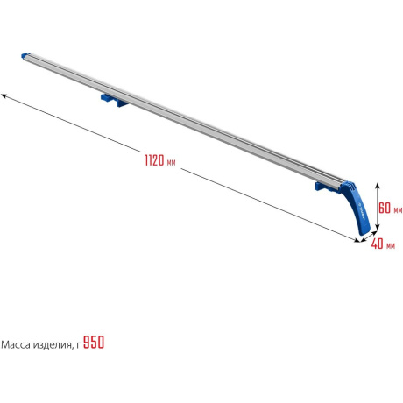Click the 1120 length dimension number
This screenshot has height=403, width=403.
click(154, 160)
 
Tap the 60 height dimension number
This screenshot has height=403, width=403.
click(385, 208)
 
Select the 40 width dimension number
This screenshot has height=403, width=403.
click(377, 244)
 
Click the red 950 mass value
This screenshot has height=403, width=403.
click(94, 342)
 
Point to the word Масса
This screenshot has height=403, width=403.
click(16, 345)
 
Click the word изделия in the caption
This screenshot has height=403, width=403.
click(52, 345)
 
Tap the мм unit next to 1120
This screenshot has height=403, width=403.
click(171, 162)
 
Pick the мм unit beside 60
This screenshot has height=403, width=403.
click(398, 210)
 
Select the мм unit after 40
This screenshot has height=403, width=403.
click(391, 246)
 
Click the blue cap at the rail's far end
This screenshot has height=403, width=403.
click(25, 55)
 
